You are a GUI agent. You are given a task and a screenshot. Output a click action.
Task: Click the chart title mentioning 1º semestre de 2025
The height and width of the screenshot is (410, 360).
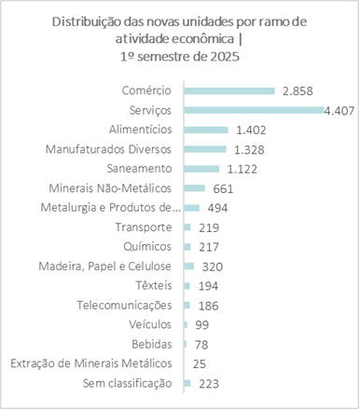coord(180,41)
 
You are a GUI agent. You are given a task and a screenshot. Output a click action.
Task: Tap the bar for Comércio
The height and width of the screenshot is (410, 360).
coord(229,90)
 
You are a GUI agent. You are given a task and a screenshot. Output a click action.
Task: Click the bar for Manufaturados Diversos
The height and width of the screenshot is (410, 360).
coord(205,149)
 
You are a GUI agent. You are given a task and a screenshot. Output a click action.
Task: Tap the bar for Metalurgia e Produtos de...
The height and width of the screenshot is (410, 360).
coord(192,207)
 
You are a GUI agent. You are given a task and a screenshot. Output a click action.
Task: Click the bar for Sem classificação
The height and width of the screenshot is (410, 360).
coord(187,383)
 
